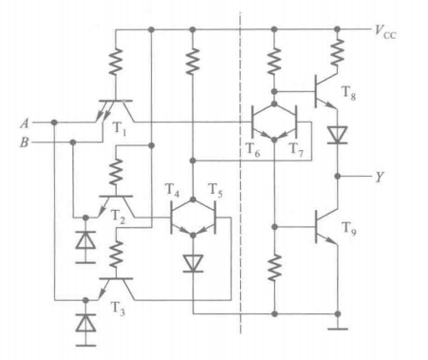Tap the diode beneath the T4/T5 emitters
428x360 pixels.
pyautogui.click(x=193, y=260)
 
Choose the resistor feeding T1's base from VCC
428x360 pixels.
pyautogui.click(x=116, y=65)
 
